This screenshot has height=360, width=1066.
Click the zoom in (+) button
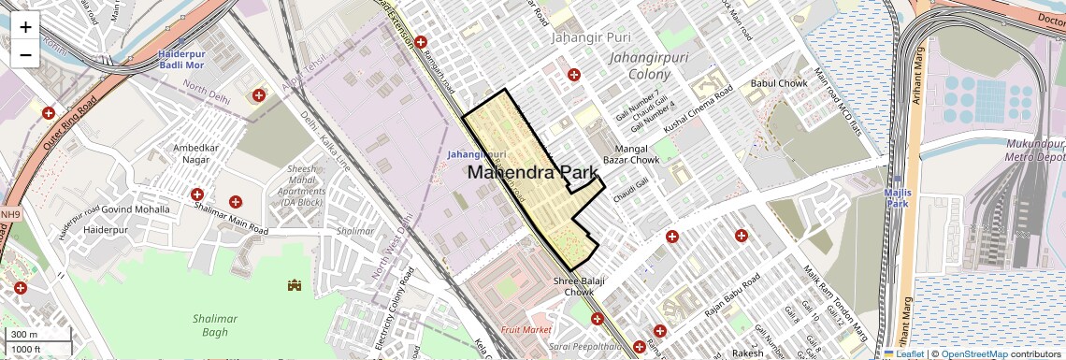25,26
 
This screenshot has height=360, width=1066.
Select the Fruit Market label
526,330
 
